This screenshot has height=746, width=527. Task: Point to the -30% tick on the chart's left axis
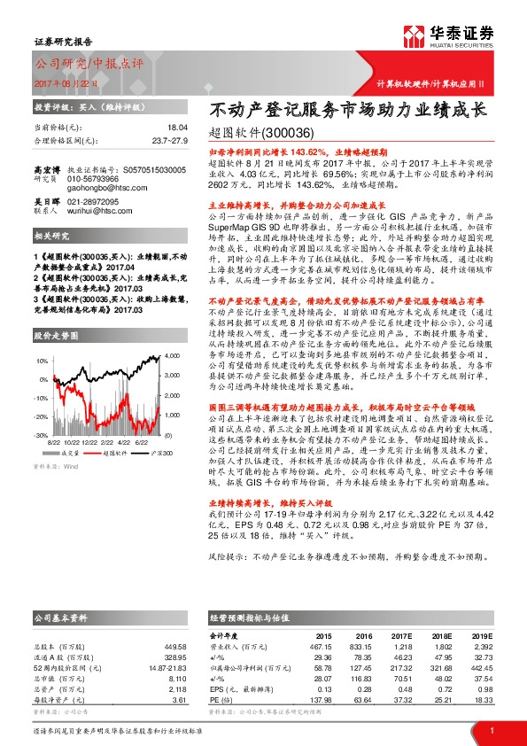tap(41, 436)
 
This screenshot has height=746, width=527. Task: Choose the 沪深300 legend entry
tap(154, 452)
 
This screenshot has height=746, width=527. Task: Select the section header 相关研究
tap(47, 261)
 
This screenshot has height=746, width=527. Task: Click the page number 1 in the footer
tap(491, 728)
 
